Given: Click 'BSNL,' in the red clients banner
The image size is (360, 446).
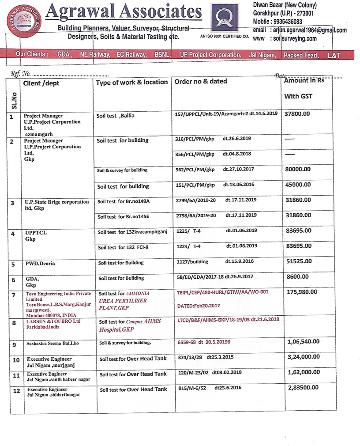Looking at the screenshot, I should click(x=162, y=55).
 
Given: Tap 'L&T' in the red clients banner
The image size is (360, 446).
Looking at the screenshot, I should click(x=334, y=56).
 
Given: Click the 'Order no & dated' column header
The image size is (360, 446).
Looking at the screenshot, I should click(x=201, y=81).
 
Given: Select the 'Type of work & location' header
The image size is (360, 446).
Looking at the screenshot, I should click(x=131, y=82).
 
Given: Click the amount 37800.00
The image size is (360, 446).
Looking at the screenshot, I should click(x=297, y=113).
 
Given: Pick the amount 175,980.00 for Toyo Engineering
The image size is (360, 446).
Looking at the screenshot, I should click(x=301, y=292).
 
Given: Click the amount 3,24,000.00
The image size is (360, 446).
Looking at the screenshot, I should click(x=304, y=357).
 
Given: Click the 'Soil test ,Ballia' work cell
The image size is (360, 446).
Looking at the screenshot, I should click(x=116, y=116).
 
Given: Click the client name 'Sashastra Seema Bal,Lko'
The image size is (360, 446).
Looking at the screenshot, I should click(x=52, y=343).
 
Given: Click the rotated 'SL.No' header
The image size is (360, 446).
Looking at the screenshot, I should click(x=14, y=100).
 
